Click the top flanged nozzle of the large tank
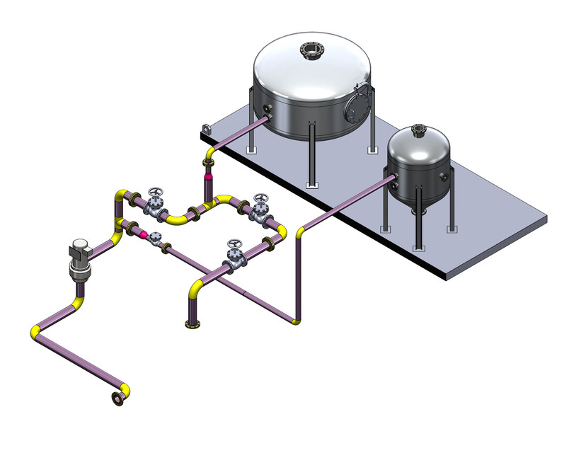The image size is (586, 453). [x=310, y=50]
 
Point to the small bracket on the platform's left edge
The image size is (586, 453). [x=206, y=129]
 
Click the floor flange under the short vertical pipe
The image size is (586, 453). [x=191, y=325]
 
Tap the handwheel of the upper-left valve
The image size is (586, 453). [x=156, y=193]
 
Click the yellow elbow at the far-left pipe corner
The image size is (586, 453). [x=35, y=333]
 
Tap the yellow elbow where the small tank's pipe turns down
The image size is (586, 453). [x=301, y=230]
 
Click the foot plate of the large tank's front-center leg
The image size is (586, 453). [x=311, y=185]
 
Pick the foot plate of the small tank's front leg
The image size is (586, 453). [x=418, y=249]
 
